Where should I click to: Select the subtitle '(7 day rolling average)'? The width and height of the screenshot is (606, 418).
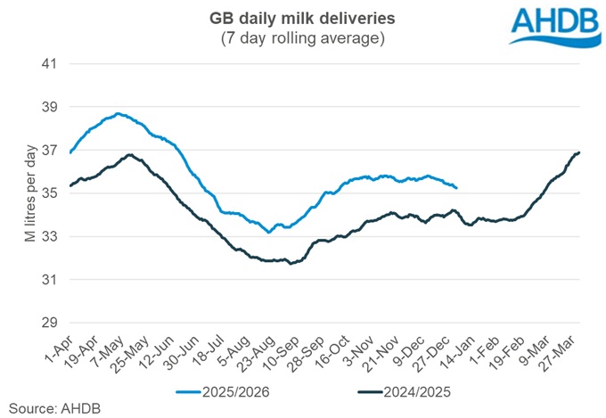(x=302, y=40)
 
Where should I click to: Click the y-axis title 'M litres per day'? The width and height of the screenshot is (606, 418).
(x=19, y=193)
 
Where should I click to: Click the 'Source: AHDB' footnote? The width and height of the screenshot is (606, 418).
(x=41, y=408)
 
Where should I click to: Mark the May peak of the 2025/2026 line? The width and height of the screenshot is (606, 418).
(x=119, y=114)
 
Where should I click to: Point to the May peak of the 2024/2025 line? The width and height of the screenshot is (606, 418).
(x=129, y=155)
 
